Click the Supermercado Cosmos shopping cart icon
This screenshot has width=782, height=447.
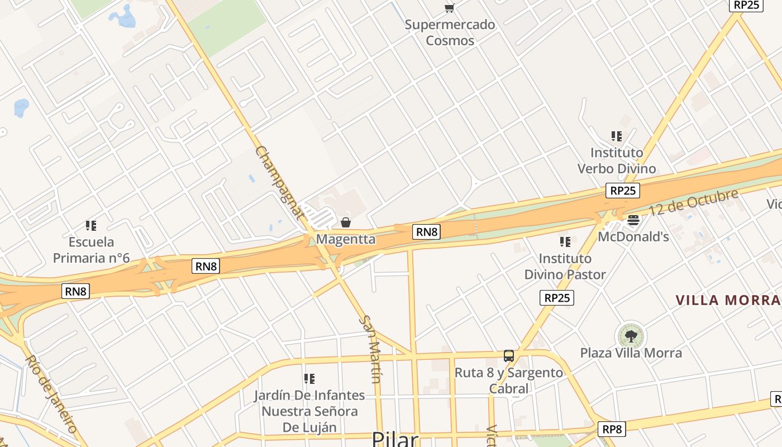(x=449, y=8)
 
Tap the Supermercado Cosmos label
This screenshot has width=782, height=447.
(x=450, y=32)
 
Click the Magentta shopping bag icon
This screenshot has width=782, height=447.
(x=346, y=223)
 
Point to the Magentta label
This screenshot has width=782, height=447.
(x=346, y=239)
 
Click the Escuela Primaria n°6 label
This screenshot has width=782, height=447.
(x=91, y=250)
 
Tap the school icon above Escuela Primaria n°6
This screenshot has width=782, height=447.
(x=91, y=226)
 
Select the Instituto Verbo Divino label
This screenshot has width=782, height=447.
(x=617, y=160)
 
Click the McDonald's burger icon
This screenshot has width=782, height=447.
(x=633, y=220)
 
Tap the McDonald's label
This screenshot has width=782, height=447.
(x=633, y=237)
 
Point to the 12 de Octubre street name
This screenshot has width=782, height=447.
(x=693, y=203)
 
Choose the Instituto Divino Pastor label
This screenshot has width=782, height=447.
(x=565, y=267)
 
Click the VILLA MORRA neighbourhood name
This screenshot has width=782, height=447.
(x=728, y=300)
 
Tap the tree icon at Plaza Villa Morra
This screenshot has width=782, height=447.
(x=631, y=336)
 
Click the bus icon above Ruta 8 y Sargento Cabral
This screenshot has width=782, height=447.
(x=509, y=356)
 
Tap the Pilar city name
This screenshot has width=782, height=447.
(x=395, y=439)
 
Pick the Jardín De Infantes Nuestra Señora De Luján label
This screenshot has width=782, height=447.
(x=309, y=411)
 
